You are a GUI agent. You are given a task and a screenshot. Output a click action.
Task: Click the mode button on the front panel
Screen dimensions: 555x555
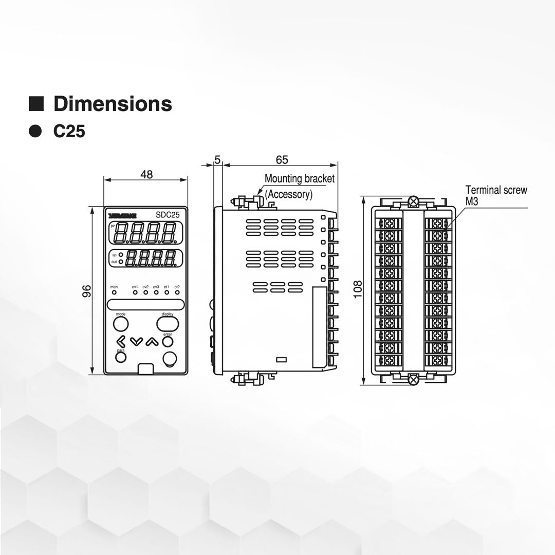(120, 324)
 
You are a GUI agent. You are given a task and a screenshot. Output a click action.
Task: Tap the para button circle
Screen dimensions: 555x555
(121, 357)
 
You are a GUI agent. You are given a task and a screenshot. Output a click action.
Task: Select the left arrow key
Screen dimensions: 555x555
(121, 341)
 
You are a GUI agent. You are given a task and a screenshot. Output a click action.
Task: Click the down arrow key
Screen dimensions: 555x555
(136, 341)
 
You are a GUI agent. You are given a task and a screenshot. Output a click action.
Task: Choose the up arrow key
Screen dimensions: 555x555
(150, 341)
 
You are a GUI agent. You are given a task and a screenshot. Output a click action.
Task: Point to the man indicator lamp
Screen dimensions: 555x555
(114, 292)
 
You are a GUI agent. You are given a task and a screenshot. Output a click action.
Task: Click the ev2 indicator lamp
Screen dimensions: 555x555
(146, 292)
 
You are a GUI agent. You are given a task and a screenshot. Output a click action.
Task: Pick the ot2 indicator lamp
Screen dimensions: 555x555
(177, 292)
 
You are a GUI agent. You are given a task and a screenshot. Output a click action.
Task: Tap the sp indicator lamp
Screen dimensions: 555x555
(121, 254)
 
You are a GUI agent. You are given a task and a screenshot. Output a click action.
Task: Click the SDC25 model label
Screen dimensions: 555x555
(167, 215)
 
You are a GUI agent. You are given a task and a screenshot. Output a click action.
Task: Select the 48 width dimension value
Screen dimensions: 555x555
(146, 174)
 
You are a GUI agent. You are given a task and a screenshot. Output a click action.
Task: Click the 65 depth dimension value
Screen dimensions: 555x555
(282, 160)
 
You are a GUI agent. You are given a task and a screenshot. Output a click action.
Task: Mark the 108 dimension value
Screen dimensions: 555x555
(358, 289)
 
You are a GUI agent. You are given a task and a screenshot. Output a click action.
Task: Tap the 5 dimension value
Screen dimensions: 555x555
(217, 160)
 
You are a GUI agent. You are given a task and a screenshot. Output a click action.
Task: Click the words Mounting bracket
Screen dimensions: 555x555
(299, 179)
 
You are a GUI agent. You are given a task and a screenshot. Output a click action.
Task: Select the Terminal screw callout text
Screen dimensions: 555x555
(496, 190)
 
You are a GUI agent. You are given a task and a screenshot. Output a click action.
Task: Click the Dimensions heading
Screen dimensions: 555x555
(113, 104)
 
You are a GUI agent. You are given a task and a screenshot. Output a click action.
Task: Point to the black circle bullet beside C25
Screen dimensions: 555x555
(35, 132)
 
